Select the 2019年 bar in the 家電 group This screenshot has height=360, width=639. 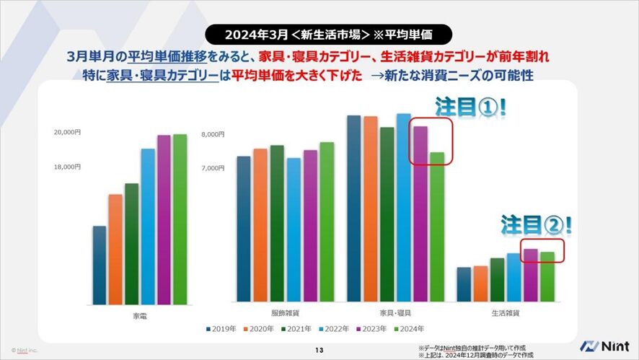(x=100, y=265)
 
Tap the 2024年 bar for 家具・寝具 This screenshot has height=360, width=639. (x=437, y=227)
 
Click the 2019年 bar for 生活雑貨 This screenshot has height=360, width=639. (x=464, y=284)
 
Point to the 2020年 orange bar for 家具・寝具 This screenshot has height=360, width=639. (x=370, y=208)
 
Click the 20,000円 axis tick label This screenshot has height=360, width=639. (x=68, y=133)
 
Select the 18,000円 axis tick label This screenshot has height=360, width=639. (x=68, y=167)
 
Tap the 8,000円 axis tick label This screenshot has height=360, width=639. (x=213, y=134)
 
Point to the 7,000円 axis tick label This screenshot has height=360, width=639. (x=213, y=168)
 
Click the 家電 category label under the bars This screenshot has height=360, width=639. (x=141, y=315)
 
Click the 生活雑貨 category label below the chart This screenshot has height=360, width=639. (x=505, y=313)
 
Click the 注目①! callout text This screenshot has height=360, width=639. (x=470, y=107)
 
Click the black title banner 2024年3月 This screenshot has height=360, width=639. (x=319, y=34)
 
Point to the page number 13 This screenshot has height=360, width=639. (x=319, y=351)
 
